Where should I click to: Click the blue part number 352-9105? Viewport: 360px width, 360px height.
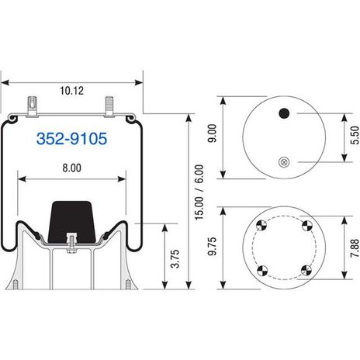71,138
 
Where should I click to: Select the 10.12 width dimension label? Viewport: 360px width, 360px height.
71,91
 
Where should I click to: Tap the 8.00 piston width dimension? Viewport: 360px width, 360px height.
71,168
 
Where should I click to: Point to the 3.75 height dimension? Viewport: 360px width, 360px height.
175,258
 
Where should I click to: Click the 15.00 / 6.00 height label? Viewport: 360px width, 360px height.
199,192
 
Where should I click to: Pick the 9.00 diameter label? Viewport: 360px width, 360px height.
212,133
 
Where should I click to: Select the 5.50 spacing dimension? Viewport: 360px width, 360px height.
355,135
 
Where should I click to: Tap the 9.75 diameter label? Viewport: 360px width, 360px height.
212,246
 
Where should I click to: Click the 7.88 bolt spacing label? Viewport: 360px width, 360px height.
355,248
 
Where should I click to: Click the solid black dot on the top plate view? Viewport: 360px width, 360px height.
284,113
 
